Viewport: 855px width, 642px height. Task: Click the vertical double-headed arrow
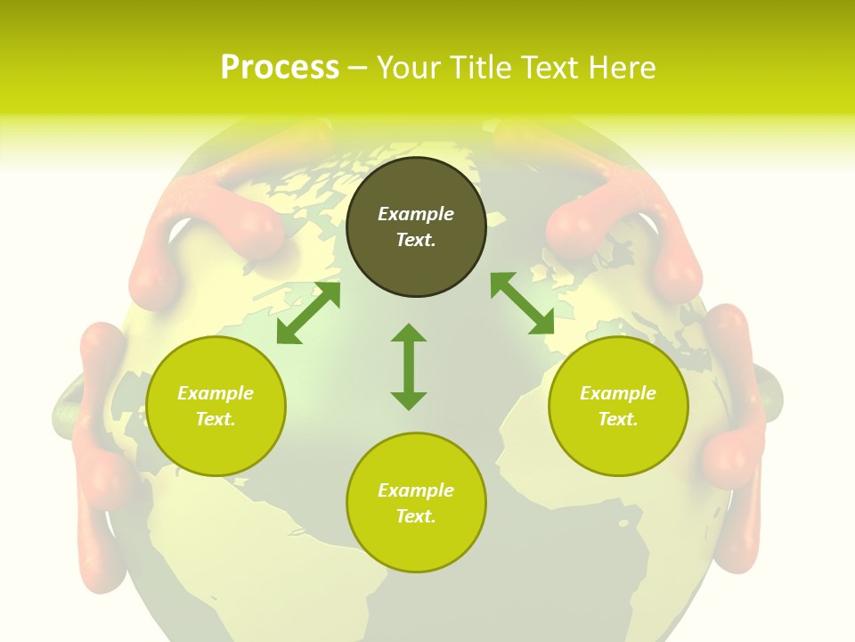point(409,366)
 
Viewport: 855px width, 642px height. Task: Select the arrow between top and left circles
point(308,313)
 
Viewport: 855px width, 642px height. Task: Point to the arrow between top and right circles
point(522,303)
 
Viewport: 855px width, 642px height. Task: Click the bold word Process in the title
point(280,67)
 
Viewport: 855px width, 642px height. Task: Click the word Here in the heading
point(623,67)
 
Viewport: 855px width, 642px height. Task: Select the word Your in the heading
point(409,67)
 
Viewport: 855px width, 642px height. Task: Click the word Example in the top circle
point(416,214)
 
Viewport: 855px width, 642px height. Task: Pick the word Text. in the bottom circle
point(416,516)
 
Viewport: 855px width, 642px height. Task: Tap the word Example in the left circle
point(216,393)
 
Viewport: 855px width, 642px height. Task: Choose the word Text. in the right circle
point(618,419)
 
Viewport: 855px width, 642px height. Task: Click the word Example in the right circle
point(618,393)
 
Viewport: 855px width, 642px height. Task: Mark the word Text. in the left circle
point(216,419)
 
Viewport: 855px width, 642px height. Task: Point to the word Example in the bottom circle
point(416,490)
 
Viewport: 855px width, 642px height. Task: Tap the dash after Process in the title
point(357,68)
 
